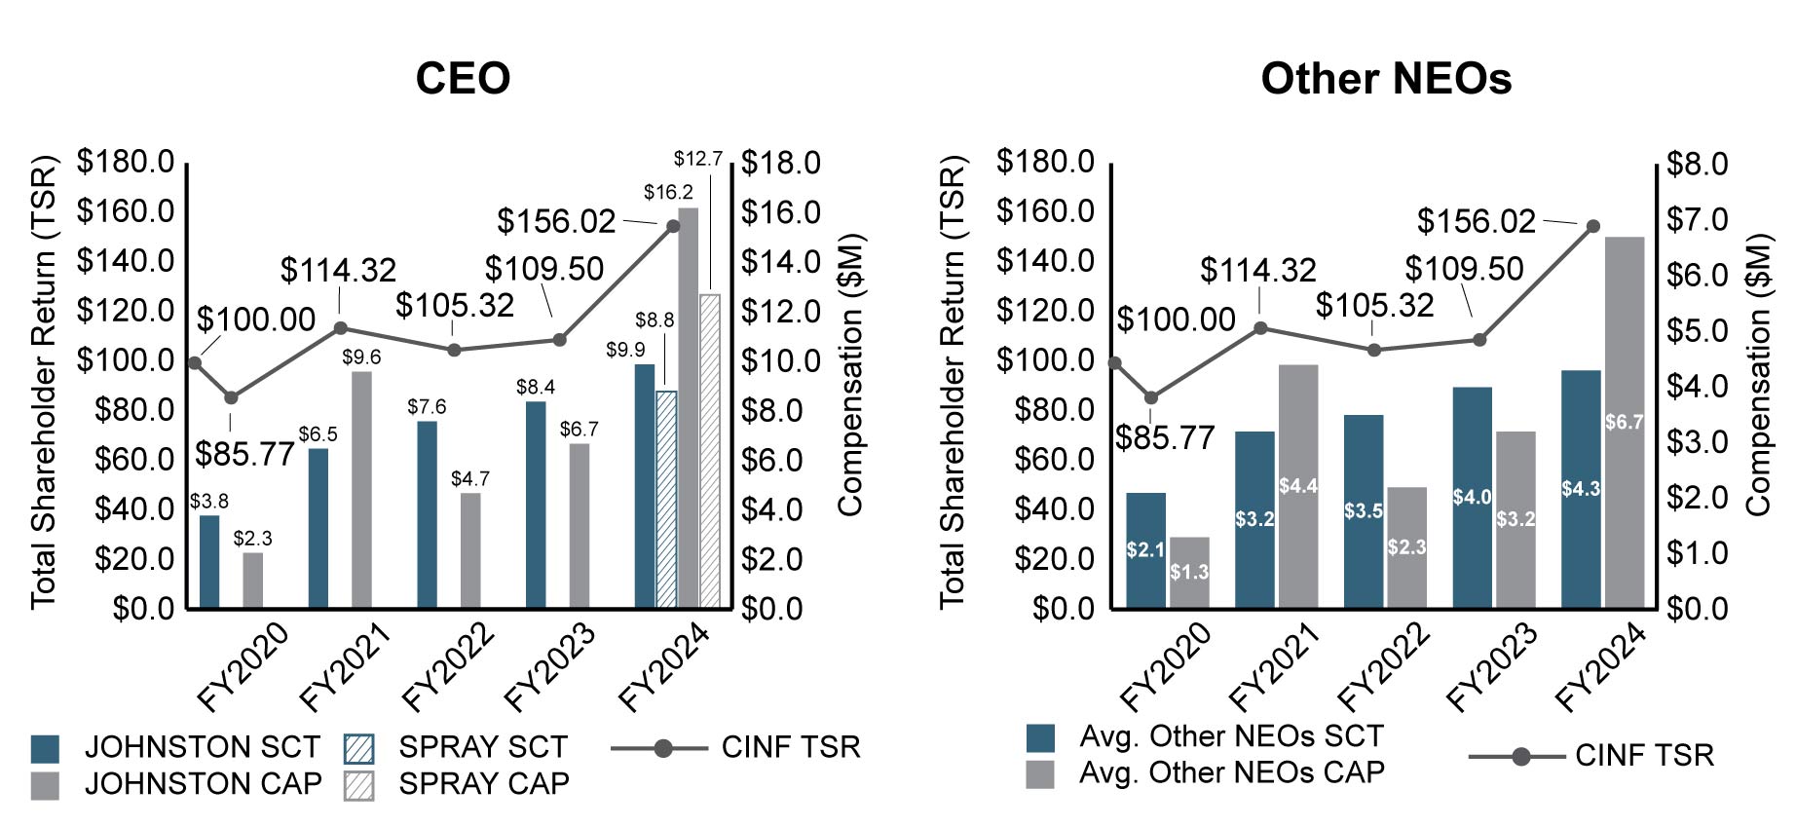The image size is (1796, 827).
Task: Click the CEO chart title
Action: pyautogui.click(x=463, y=78)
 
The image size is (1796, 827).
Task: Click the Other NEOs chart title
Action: pyautogui.click(x=1385, y=78)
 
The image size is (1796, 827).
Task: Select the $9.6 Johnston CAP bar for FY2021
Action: pyautogui.click(x=361, y=490)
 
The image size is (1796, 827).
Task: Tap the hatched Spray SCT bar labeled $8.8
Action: pyautogui.click(x=666, y=500)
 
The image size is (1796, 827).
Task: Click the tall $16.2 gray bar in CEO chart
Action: pyautogui.click(x=688, y=409)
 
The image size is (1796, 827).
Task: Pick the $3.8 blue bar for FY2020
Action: pyautogui.click(x=209, y=562)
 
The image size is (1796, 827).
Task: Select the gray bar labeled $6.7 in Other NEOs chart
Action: pyautogui.click(x=1624, y=423)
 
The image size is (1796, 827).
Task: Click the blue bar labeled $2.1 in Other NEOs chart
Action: pyautogui.click(x=1145, y=550)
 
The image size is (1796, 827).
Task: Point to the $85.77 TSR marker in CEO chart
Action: pyautogui.click(x=231, y=397)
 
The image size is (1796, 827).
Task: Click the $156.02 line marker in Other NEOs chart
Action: pyautogui.click(x=1593, y=226)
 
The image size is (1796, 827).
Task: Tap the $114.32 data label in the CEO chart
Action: pyautogui.click(x=338, y=270)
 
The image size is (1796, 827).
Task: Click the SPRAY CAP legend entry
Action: pyautogui.click(x=456, y=784)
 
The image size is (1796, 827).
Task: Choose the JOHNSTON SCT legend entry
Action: pyautogui.click(x=175, y=747)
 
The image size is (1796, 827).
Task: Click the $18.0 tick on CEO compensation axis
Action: pyautogui.click(x=781, y=163)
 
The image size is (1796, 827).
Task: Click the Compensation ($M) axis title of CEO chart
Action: pyautogui.click(x=850, y=374)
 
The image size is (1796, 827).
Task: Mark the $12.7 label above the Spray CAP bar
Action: pyautogui.click(x=698, y=158)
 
